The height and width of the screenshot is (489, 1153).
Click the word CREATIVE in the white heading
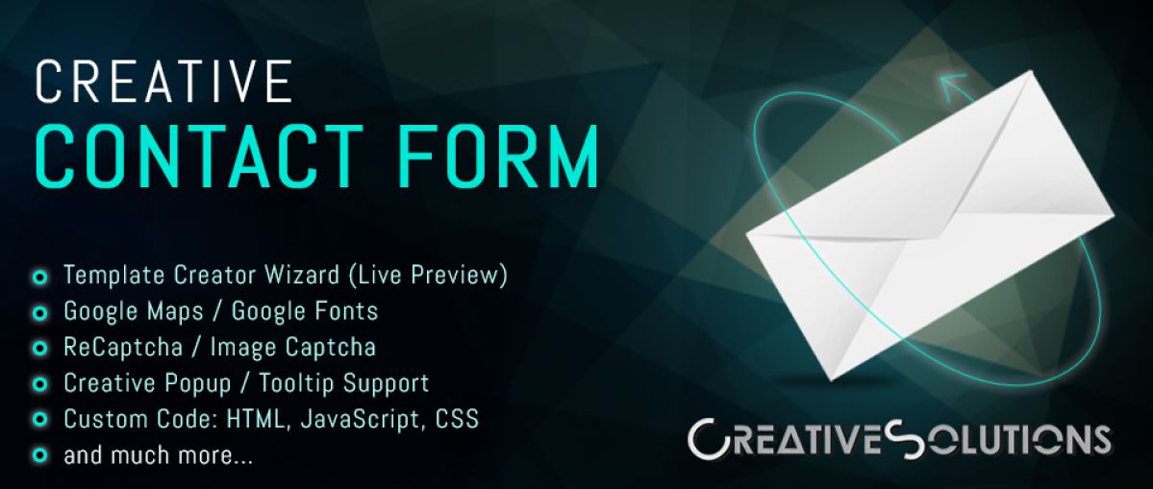[x=164, y=82]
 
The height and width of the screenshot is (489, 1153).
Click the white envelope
[x=930, y=225]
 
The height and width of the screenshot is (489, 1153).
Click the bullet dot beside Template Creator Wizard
[x=39, y=278]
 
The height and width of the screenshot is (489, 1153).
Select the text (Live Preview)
[x=428, y=276]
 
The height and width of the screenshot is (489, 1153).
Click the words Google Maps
[x=133, y=312]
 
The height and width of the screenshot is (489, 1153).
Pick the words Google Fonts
[x=305, y=311]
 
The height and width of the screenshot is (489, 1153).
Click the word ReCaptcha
[x=123, y=347]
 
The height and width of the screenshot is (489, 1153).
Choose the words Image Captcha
[x=293, y=347]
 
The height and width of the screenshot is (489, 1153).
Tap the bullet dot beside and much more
[x=39, y=456]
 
